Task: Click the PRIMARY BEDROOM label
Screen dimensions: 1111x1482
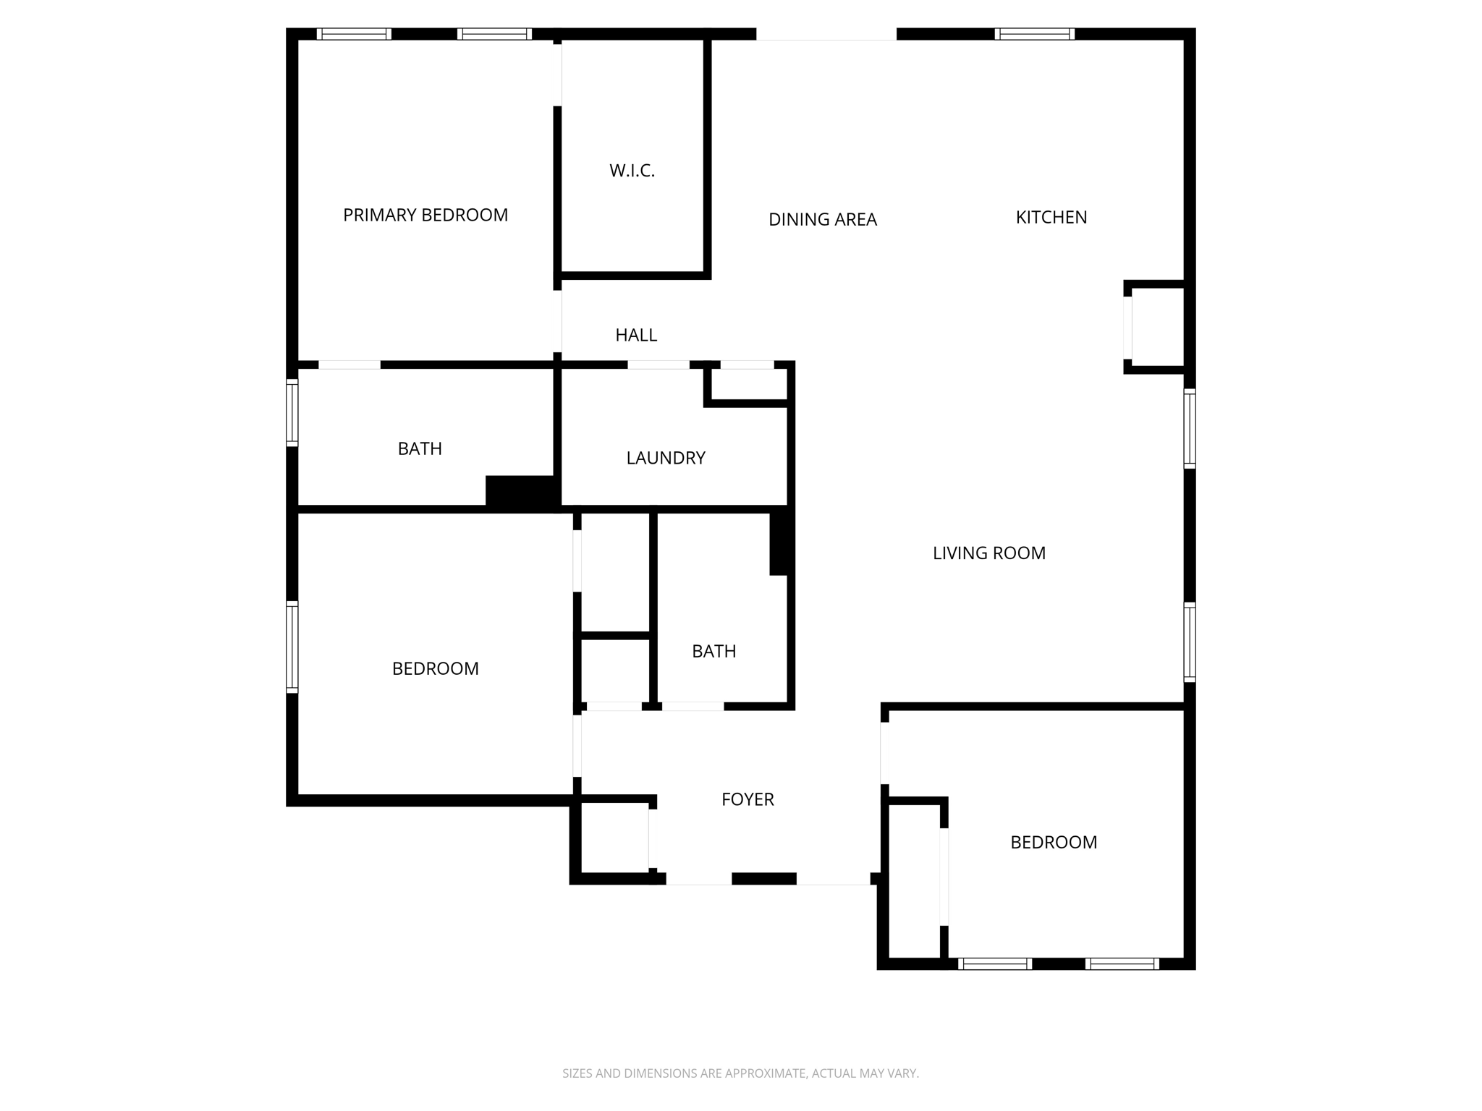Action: tap(425, 215)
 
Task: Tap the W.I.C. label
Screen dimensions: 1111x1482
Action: tap(632, 171)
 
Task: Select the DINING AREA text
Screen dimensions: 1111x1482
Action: tap(822, 219)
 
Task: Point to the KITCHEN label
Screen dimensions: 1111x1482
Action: tap(1051, 217)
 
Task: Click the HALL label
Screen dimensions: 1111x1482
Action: tap(636, 335)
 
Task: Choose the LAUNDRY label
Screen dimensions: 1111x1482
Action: tap(666, 458)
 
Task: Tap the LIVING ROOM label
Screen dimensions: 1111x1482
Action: tap(988, 553)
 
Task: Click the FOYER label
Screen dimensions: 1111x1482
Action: tap(748, 799)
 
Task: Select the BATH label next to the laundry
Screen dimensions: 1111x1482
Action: tap(420, 448)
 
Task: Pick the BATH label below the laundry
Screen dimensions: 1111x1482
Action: tap(714, 651)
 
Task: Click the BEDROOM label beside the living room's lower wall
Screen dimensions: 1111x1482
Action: tap(1054, 842)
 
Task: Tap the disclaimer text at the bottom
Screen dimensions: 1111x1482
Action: tap(740, 1073)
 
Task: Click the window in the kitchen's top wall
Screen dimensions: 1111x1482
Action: tap(1034, 34)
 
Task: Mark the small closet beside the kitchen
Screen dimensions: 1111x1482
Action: tap(1157, 327)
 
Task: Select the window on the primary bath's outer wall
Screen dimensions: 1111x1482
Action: tap(292, 412)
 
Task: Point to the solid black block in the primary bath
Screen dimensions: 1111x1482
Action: tap(520, 492)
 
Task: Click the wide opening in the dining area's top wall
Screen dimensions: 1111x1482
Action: tap(826, 35)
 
